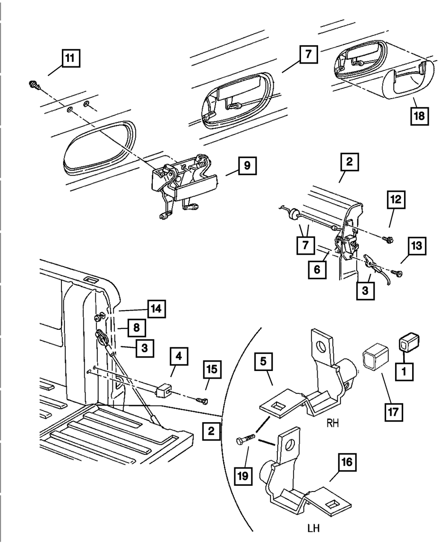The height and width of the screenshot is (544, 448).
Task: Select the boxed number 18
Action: point(420,115)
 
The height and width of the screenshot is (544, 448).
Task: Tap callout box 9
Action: point(246,168)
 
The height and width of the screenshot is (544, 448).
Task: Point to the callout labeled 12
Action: point(396,201)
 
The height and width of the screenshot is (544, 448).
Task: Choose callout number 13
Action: point(417,246)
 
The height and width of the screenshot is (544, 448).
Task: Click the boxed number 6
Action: point(317,270)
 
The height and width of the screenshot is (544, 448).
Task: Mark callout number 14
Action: point(156,309)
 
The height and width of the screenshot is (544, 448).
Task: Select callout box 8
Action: point(136,328)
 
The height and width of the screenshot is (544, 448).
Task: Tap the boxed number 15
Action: point(212,370)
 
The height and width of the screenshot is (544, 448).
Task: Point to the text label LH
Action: point(314,528)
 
